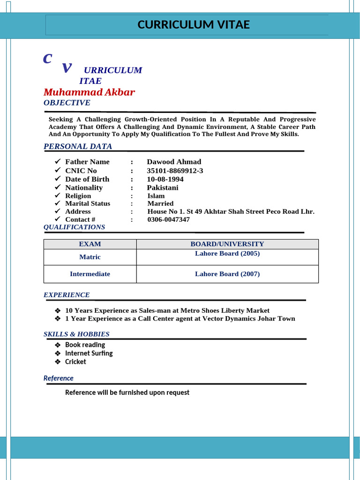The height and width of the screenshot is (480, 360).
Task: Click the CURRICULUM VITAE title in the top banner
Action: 194,25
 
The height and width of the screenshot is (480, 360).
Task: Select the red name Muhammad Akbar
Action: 89,92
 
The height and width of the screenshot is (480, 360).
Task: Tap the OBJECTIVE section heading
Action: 67,103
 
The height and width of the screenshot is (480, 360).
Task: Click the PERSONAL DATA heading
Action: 78,146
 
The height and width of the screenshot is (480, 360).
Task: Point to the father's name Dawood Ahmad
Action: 174,162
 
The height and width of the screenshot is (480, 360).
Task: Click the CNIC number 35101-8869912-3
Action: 175,171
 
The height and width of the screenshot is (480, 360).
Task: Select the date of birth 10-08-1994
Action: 165,179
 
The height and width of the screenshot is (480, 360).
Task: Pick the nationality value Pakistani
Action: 163,187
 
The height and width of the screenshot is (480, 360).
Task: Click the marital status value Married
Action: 160,203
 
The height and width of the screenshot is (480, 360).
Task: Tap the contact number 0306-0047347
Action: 169,219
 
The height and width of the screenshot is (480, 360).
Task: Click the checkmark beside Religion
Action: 58,195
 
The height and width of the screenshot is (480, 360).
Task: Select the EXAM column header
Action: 90,244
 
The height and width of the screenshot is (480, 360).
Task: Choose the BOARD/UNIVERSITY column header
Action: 227,244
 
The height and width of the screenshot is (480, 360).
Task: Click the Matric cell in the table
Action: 90,257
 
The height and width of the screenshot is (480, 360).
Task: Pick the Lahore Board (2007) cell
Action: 227,274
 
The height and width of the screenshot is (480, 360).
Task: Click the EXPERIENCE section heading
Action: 67,295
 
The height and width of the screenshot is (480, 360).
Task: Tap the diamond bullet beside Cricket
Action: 58,362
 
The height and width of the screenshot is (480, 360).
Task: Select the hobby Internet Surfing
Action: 89,353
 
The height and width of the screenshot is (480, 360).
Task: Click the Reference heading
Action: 59,378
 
